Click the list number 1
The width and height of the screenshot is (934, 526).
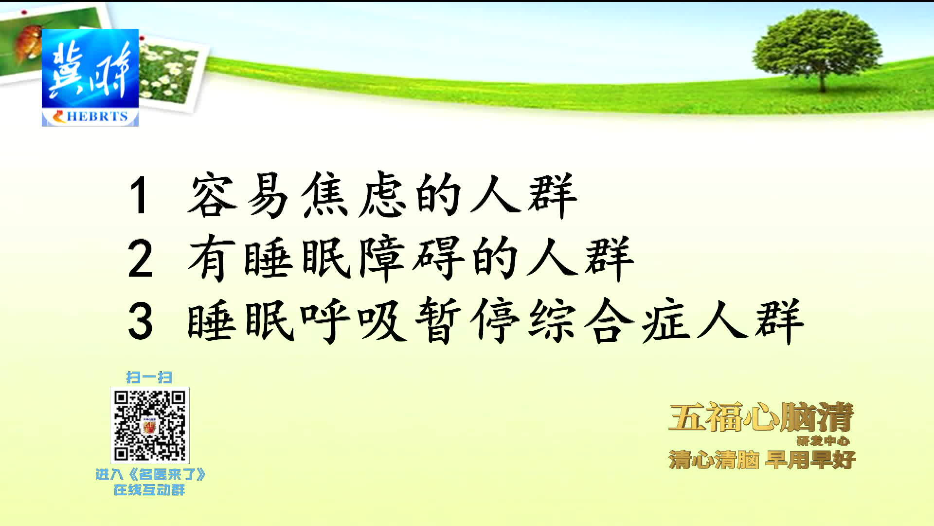(x=139, y=195)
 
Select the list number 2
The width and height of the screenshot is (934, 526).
(x=140, y=259)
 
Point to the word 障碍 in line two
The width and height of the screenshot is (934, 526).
(x=412, y=258)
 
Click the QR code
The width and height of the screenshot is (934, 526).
(x=150, y=425)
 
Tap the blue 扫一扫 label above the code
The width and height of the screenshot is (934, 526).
(x=149, y=377)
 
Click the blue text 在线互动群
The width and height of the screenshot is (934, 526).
(x=149, y=490)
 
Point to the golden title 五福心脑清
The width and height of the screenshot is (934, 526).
(x=761, y=417)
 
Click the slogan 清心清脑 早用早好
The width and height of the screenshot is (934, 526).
(x=762, y=460)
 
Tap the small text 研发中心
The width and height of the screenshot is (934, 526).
(x=823, y=441)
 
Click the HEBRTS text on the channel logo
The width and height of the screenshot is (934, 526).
(x=97, y=117)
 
